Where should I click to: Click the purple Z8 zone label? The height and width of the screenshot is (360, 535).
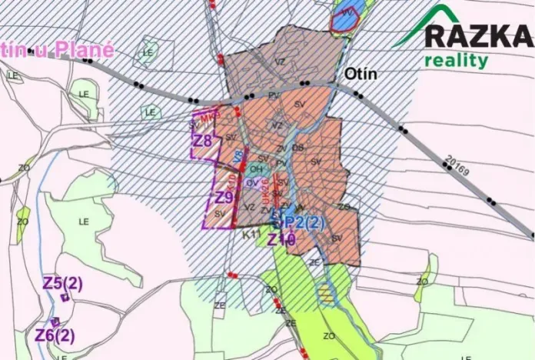[202, 141]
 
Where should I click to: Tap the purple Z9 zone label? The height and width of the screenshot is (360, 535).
[224, 198]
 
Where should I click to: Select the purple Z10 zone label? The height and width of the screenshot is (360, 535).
[281, 240]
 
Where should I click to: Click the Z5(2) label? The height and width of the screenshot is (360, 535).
[63, 283]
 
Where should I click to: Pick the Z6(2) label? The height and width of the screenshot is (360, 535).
[55, 336]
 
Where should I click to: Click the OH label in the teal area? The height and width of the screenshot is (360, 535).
[257, 168]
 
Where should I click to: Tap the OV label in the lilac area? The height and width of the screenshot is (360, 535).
[252, 183]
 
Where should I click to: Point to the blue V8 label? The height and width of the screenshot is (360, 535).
[239, 156]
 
